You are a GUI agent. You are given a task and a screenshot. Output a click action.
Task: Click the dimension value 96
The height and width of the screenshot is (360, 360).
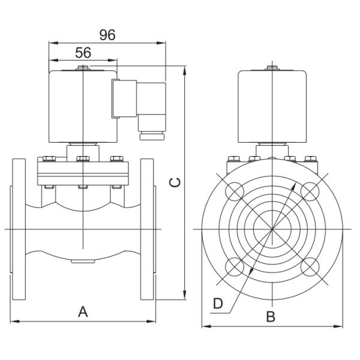[107, 35]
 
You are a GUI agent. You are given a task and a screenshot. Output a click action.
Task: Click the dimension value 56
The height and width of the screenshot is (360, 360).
[83, 53]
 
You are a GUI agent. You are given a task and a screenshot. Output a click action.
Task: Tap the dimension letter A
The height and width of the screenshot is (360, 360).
[83, 311]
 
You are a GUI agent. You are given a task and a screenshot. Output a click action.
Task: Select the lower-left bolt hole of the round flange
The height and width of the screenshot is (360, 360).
[234, 265]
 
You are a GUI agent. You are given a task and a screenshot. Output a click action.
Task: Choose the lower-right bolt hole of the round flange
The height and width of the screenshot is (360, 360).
[309, 265]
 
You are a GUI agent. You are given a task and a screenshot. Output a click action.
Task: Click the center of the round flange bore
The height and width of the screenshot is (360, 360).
[271, 228]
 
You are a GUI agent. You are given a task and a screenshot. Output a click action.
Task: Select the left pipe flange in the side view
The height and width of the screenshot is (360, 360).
[19, 229]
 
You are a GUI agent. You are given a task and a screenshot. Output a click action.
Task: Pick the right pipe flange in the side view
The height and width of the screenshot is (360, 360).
[148, 229]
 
